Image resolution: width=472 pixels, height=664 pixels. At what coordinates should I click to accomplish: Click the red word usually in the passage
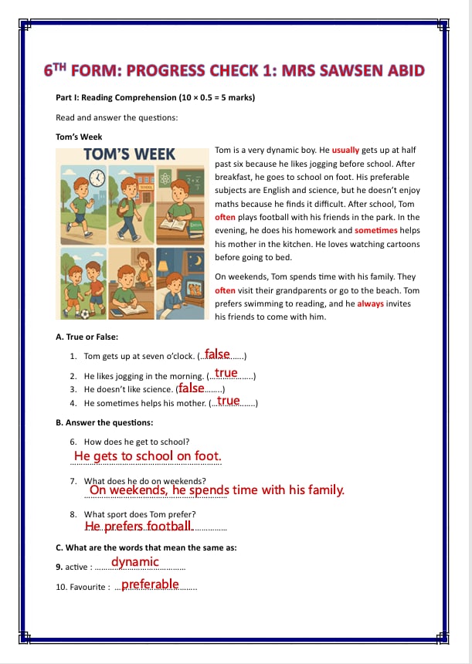click(346, 151)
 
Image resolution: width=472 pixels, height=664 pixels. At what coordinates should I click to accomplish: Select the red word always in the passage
click(372, 304)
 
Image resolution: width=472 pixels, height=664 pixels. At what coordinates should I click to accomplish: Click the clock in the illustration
click(98, 178)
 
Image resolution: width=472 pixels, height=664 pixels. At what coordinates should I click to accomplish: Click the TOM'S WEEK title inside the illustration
click(129, 154)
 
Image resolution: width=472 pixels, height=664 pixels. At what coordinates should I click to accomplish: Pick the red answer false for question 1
click(218, 354)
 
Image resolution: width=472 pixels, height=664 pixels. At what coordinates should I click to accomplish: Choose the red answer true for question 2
click(226, 373)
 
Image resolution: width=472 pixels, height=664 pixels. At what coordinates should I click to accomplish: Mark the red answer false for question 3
click(192, 388)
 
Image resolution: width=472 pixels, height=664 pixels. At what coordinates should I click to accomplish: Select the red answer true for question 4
click(229, 401)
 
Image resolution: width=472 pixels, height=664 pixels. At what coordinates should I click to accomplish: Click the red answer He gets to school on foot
click(148, 456)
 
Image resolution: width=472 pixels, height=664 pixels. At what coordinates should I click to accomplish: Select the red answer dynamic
click(135, 562)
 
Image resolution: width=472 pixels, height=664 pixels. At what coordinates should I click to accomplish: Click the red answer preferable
click(150, 584)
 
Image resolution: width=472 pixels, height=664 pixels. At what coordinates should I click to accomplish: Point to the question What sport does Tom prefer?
click(140, 514)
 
